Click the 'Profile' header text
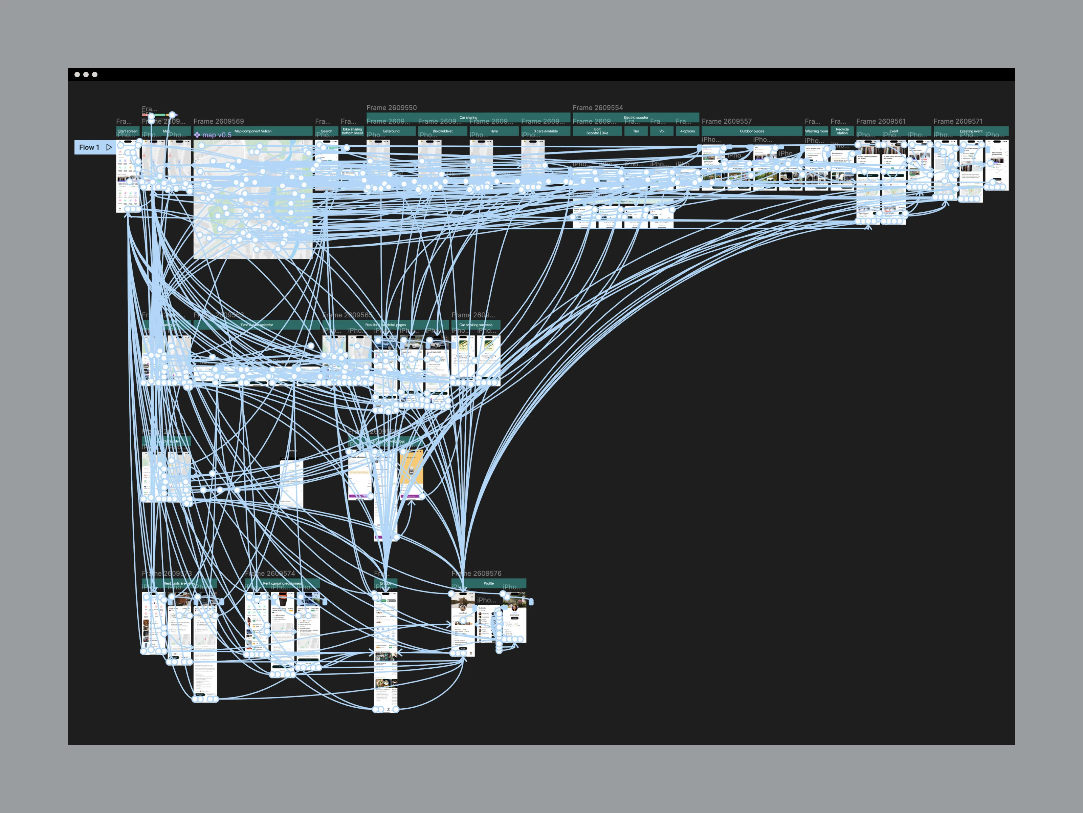[x=489, y=583]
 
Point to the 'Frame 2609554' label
[x=598, y=108]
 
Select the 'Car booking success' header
[x=476, y=325]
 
